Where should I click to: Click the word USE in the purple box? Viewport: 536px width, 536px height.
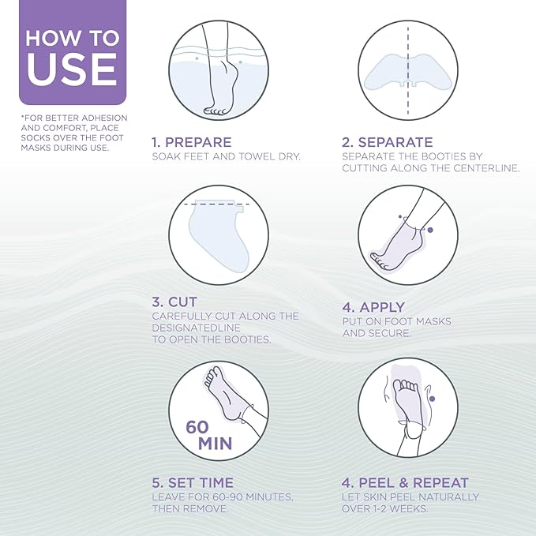pyautogui.click(x=72, y=69)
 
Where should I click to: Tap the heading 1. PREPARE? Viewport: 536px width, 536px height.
pyautogui.click(x=192, y=142)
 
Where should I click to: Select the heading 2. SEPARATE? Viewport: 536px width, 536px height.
pyautogui.click(x=388, y=142)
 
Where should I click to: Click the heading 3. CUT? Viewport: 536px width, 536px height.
pyautogui.click(x=174, y=302)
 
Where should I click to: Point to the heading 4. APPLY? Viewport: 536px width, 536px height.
pyautogui.click(x=373, y=307)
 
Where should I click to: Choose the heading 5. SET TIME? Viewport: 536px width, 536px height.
pyautogui.click(x=193, y=482)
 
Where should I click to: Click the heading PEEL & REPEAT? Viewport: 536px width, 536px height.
pyautogui.click(x=414, y=482)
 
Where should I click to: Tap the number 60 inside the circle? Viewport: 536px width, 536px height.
pyautogui.click(x=197, y=427)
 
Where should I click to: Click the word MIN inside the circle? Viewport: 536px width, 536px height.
pyautogui.click(x=216, y=444)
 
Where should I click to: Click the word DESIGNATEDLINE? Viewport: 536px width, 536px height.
pyautogui.click(x=197, y=328)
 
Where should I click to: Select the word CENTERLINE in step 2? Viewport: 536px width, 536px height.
pyautogui.click(x=486, y=168)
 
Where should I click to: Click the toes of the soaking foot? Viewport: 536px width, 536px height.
pyautogui.click(x=215, y=111)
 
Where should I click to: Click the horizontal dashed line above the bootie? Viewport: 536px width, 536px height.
pyautogui.click(x=217, y=204)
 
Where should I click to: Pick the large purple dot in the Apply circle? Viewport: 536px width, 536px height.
pyautogui.click(x=430, y=230)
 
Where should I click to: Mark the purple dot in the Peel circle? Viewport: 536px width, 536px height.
pyautogui.click(x=432, y=399)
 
